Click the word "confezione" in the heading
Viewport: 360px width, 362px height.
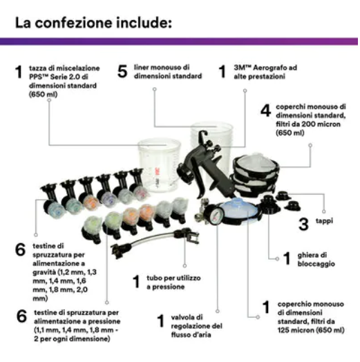tap(74, 23)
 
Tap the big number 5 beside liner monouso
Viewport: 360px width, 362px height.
tap(122, 71)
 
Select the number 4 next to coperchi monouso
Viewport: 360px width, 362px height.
tap(265, 111)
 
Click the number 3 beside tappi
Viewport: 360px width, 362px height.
tap(303, 224)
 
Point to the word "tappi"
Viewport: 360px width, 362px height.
tap(325, 221)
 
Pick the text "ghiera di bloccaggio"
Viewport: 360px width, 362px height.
tap(316, 260)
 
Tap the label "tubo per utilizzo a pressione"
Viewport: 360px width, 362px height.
tap(173, 283)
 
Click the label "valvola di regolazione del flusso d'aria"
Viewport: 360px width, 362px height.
tap(197, 326)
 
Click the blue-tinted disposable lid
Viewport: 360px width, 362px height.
tap(239, 208)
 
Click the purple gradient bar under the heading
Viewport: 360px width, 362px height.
tap(179, 41)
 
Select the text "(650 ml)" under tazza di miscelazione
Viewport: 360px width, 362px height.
tap(43, 95)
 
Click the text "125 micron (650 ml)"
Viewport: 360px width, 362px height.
tap(311, 330)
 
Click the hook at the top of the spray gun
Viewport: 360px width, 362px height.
tap(202, 135)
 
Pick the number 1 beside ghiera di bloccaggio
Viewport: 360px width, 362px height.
tap(287, 258)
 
